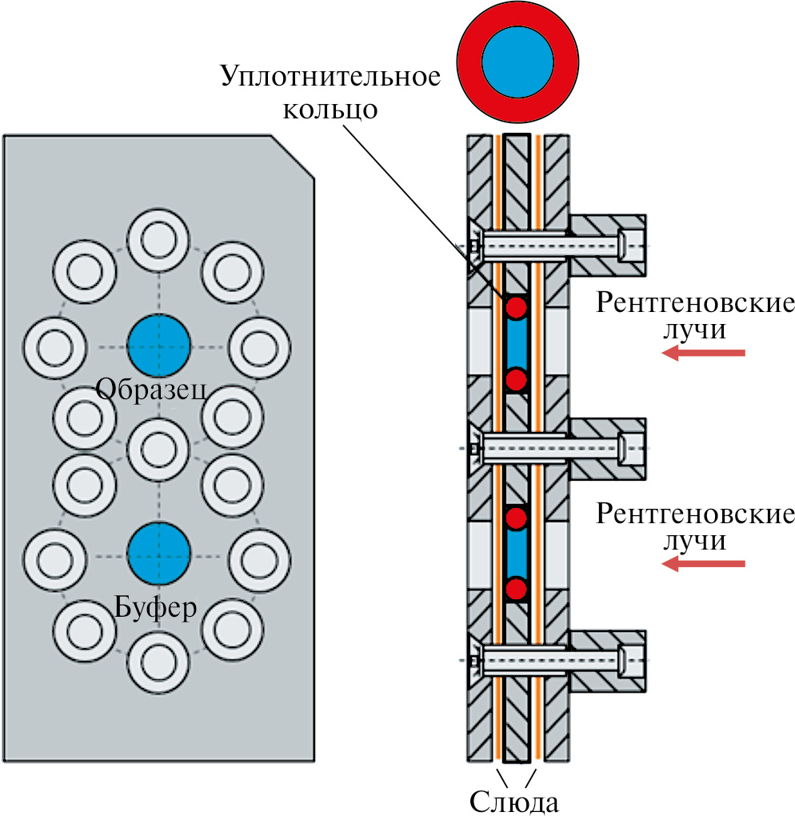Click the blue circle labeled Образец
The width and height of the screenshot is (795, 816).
[159, 346]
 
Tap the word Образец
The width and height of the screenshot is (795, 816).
[152, 390]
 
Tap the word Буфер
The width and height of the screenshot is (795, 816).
[154, 608]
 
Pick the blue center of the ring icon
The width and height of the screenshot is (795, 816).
[517, 64]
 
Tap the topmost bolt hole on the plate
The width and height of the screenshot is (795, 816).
[159, 239]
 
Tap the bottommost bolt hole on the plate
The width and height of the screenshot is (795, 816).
[159, 661]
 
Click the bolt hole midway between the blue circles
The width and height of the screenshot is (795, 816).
[159, 449]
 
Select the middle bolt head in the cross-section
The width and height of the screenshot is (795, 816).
[632, 449]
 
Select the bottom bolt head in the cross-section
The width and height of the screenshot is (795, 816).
[632, 660]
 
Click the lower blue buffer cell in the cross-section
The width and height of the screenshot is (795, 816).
[517, 554]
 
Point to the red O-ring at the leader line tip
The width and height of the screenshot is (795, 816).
[517, 306]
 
